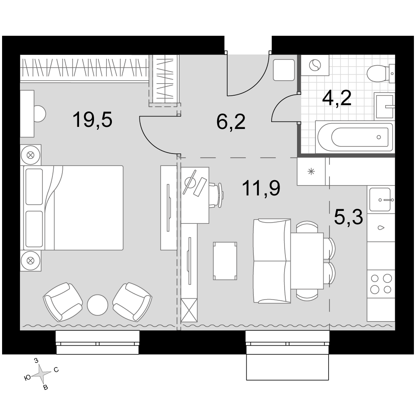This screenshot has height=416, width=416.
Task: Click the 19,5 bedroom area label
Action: [92, 120]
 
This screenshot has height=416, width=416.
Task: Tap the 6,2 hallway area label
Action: [231, 122]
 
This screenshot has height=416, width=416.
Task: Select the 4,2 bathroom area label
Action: [337, 98]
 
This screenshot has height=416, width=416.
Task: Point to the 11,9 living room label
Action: [261, 188]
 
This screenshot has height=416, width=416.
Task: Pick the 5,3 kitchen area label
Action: [348, 216]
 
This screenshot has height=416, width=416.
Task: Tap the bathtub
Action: [355, 137]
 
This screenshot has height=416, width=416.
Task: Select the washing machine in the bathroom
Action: [315, 65]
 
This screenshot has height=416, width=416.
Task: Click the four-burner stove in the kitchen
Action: [381, 284]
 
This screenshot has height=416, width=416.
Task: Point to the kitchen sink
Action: [381, 199]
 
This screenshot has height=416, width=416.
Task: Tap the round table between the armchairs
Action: [97, 305]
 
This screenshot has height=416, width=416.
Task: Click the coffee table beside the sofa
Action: [225, 261]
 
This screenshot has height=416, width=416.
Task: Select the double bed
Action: [74, 208]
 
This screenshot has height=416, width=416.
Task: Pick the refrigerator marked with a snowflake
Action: [311, 171]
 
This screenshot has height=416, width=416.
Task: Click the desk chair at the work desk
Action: [217, 195]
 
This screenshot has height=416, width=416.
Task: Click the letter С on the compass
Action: [56, 370]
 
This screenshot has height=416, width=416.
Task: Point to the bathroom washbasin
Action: [384, 106]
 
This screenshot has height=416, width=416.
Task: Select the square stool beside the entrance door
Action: [284, 70]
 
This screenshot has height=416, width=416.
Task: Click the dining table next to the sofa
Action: [307, 261]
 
